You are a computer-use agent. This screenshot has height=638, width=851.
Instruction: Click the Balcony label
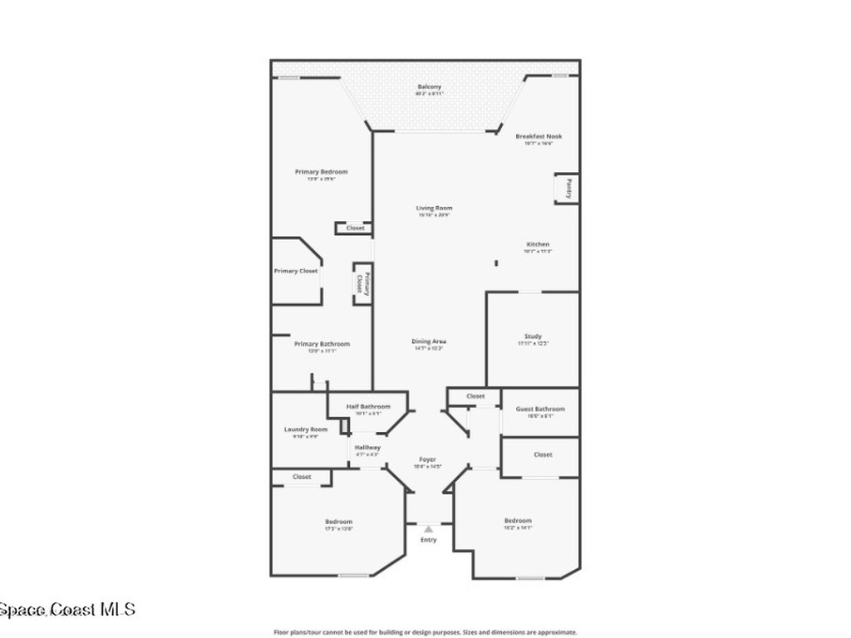pos(429,86)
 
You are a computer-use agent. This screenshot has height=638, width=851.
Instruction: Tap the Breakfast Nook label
pos(539,136)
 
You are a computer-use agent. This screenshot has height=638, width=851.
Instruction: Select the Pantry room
pos(567,188)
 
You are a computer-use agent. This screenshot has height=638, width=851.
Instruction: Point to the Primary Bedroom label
pos(321,172)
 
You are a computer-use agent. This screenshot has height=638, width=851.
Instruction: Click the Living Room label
pos(434,208)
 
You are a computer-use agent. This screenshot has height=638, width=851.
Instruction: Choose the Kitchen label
pos(537,244)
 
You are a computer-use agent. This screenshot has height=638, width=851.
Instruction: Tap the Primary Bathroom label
pos(322,344)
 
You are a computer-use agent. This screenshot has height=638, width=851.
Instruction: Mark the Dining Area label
pos(429,341)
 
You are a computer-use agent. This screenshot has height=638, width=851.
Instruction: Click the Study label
pos(533,336)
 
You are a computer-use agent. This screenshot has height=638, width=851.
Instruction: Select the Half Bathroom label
pos(368,406)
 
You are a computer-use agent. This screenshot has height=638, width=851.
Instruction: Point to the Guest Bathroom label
pos(540,409)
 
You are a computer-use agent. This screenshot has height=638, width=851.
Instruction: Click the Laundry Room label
pos(306,429)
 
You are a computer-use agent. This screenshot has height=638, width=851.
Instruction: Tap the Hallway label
pos(367,448)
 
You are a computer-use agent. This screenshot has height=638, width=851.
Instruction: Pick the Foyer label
pos(427,459)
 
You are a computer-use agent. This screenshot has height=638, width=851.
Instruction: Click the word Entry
pos(428,540)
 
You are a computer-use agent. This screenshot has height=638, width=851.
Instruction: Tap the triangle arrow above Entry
pos(428,528)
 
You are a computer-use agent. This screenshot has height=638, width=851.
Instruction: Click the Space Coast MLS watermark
pos(67,611)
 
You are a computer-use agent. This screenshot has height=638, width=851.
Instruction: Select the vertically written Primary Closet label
pos(361,282)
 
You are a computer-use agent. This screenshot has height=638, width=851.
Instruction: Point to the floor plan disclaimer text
pos(425,632)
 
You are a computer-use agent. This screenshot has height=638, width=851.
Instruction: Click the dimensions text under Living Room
pos(434,215)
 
